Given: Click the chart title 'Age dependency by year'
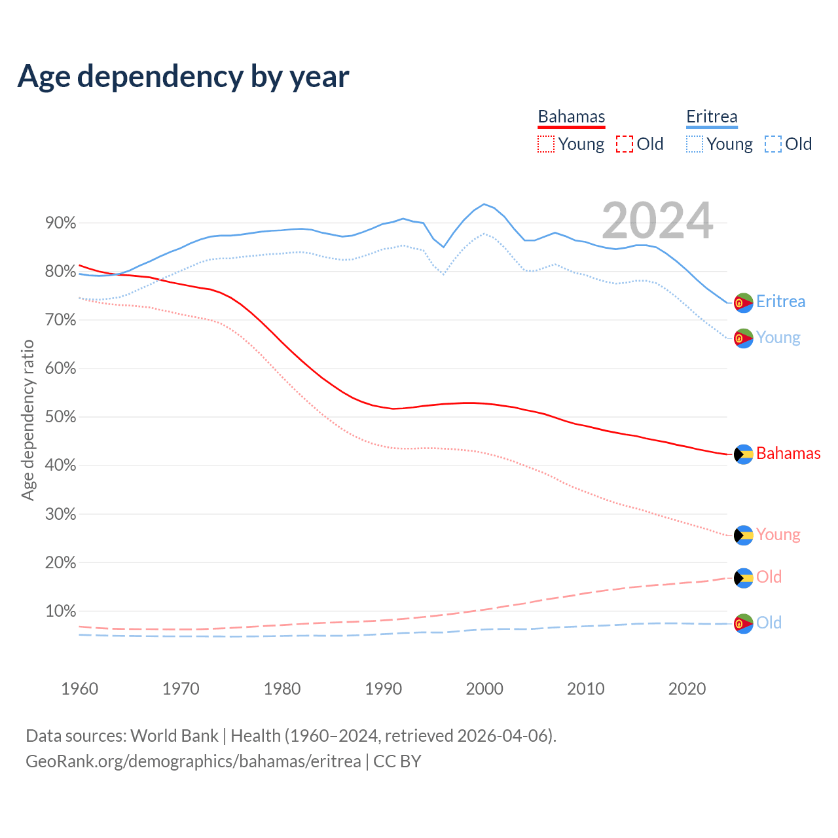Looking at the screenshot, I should coord(183,76).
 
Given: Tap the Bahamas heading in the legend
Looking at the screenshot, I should coord(572,117).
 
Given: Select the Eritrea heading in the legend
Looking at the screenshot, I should coord(712,117).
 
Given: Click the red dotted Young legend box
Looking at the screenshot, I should coord(545,144).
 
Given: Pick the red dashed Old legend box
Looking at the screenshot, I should coord(625,144).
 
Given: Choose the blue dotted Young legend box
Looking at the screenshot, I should coord(695,144).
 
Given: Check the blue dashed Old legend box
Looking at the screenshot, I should coord(773,144).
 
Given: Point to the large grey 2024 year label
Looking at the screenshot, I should coord(657,221).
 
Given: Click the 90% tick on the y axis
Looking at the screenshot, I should coord(60,223).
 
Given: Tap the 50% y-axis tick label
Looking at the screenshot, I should coord(60,417).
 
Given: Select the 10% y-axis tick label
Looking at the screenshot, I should coord(60,611).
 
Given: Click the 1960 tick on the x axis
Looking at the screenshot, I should coord(79,689).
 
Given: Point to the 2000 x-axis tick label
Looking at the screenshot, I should coord(484,689).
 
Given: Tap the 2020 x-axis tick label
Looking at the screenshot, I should coord(687,689).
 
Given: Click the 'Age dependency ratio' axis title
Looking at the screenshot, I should coord(27,420).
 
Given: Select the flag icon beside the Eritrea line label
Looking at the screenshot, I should coord(743,302).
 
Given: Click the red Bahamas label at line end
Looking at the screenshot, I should coord(788,453).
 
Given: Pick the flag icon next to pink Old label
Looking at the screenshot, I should coord(743,578).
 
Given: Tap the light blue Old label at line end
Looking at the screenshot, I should coord(769,623).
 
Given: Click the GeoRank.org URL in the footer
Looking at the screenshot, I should coord(193,761).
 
